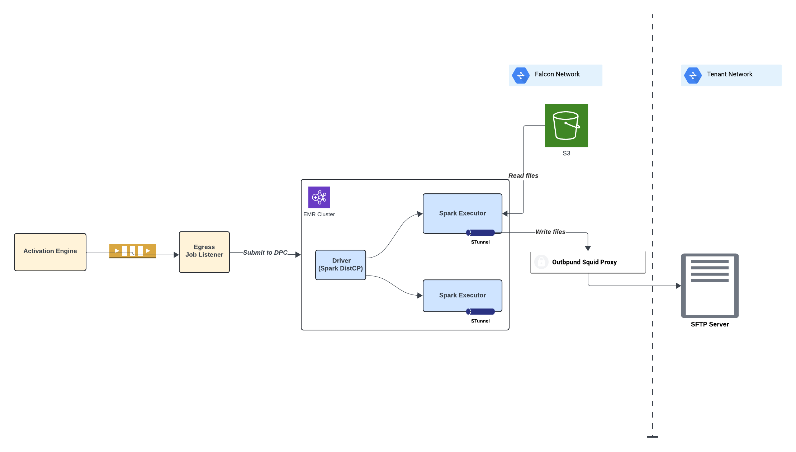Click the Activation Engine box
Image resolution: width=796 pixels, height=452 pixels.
click(x=50, y=252)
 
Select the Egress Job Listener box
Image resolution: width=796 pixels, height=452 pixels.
click(x=204, y=252)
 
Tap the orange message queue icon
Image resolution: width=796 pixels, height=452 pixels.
click(x=133, y=250)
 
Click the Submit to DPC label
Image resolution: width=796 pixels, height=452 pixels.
click(x=265, y=253)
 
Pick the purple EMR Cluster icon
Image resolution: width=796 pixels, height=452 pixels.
click(x=319, y=197)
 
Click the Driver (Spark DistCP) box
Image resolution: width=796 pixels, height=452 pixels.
click(x=341, y=265)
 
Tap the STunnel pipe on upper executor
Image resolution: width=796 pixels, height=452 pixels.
click(x=480, y=233)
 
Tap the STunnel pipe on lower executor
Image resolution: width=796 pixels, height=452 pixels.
click(x=480, y=311)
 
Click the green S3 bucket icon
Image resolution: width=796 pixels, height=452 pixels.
click(x=566, y=126)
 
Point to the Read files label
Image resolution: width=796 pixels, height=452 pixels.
click(x=523, y=176)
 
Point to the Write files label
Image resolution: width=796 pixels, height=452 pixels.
click(x=550, y=232)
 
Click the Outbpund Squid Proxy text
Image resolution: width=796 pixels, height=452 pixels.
click(x=584, y=262)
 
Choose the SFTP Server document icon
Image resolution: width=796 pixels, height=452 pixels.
click(x=710, y=286)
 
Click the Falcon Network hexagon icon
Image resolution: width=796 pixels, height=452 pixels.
click(x=521, y=75)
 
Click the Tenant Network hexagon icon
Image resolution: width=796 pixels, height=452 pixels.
click(x=693, y=75)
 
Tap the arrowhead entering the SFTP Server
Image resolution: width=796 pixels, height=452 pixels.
click(x=678, y=286)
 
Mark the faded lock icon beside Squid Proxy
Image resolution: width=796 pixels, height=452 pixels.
click(x=541, y=262)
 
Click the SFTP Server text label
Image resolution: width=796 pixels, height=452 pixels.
click(x=710, y=324)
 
